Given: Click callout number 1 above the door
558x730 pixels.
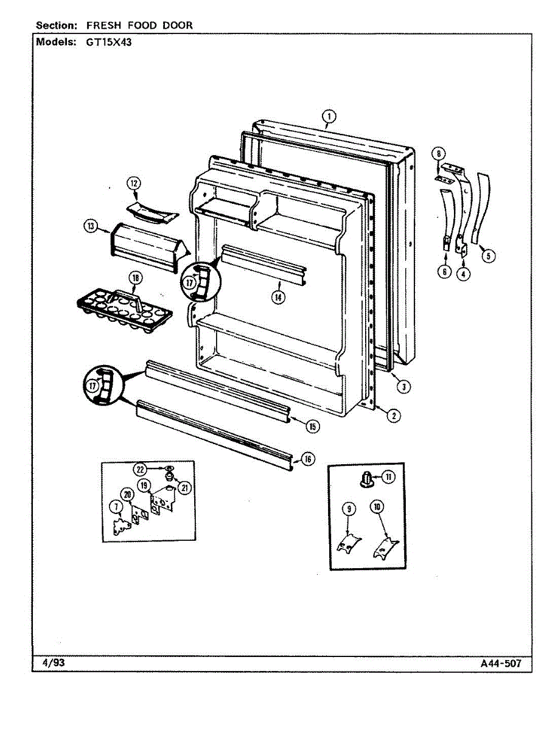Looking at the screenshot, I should tap(329, 116).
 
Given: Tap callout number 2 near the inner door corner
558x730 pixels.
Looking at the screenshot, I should tap(394, 416).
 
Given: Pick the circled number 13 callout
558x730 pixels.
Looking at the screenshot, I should tap(90, 226).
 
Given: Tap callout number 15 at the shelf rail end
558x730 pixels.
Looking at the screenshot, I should tap(312, 426).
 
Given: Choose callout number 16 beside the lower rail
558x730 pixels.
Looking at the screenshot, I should tap(308, 459).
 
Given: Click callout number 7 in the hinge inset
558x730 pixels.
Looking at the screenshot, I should tap(114, 506).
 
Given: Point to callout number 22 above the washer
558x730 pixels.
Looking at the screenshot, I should tap(141, 469).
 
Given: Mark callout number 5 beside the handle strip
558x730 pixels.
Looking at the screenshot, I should tap(488, 256).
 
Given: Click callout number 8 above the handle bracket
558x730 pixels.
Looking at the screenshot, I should tap(440, 153).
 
